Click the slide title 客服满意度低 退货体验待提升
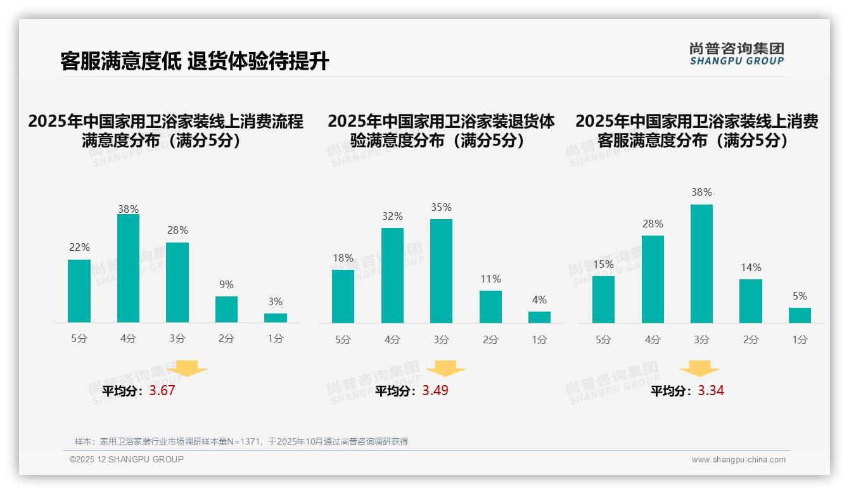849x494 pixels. coord(195,61)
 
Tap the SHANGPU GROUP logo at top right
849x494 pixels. coord(736,54)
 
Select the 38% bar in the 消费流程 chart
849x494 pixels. coord(128,269)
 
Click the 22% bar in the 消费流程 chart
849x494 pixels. coord(79,291)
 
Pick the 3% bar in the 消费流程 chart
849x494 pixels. coord(276,318)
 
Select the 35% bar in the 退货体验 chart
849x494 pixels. coord(441,271)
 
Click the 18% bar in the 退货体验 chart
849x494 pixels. coord(343,296)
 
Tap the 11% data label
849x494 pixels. coord(490,279)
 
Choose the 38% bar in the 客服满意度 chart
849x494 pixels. coord(701,263)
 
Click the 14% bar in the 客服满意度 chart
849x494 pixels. coord(751,301)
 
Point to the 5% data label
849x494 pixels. coord(800,296)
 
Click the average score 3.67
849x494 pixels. coord(162,391)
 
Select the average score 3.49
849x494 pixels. coord(435,391)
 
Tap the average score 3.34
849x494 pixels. coord(711,391)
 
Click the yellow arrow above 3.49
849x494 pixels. coord(445,368)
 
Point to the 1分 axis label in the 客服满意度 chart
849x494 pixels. coord(800,340)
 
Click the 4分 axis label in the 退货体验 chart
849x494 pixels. coord(392,340)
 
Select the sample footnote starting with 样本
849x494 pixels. coord(241,441)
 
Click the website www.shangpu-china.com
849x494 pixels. coord(738,460)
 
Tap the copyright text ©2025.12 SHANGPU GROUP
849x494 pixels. coord(127,459)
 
